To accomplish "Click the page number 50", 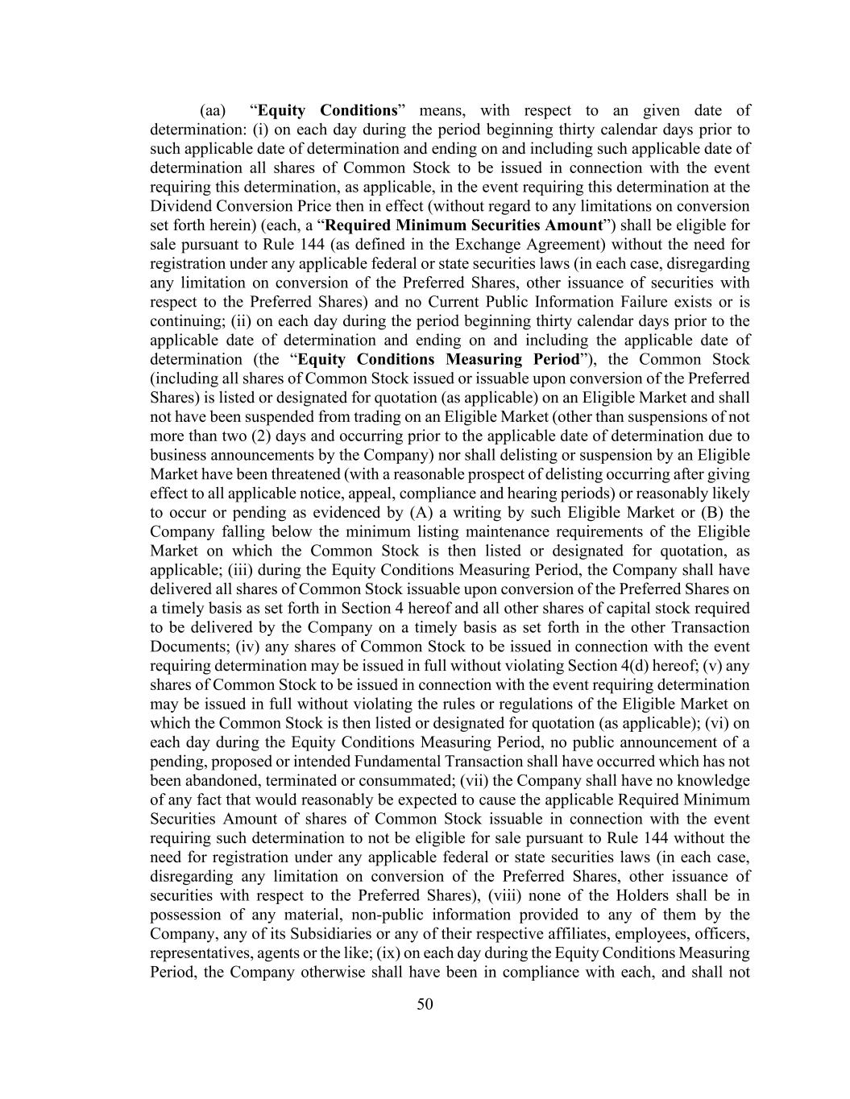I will pos(425,1003).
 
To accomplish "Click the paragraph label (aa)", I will pos(214,110).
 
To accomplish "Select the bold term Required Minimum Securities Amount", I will pos(463,225).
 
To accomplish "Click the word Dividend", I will pos(180,206).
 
